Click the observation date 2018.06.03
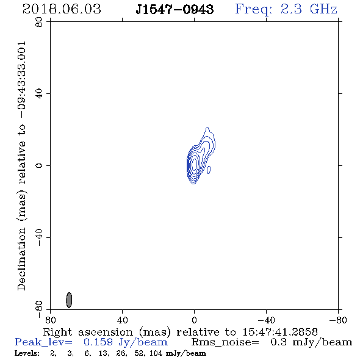pyautogui.click(x=62, y=9)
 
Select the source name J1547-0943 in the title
pyautogui.click(x=175, y=9)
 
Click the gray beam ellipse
pyautogui.click(x=69, y=300)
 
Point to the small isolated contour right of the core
pyautogui.click(x=209, y=170)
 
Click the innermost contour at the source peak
pyautogui.click(x=195, y=164)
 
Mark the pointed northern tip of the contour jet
pyautogui.click(x=207, y=127)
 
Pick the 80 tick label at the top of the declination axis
pyautogui.click(x=39, y=22)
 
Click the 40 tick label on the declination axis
pyautogui.click(x=39, y=94)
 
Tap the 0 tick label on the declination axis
pyautogui.click(x=39, y=165)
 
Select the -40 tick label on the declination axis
pyautogui.click(x=39, y=237)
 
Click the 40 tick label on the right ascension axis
pyautogui.click(x=122, y=320)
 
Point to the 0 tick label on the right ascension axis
pyautogui.click(x=194, y=320)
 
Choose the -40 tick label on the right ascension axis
pyautogui.click(x=266, y=320)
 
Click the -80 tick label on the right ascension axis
pyautogui.click(x=338, y=320)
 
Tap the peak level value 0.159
pyautogui.click(x=98, y=342)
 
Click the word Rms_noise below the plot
pyautogui.click(x=225, y=342)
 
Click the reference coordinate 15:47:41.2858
pyautogui.click(x=280, y=332)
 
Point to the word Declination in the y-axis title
pyautogui.click(x=21, y=259)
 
